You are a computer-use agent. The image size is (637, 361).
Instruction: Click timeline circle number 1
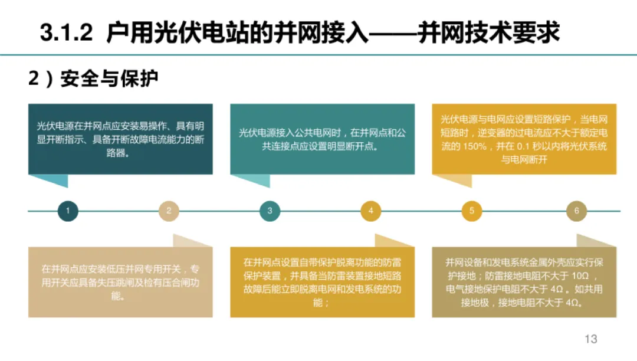pos(68,211)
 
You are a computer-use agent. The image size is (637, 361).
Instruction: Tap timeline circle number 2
pos(169,211)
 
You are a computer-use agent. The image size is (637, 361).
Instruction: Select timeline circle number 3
pos(270,211)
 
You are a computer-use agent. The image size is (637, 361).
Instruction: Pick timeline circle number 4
pos(370,211)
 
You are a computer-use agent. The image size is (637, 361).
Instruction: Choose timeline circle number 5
pos(471,211)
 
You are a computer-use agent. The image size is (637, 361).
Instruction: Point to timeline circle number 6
pos(576,211)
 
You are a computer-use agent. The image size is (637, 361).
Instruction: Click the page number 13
pos(590,339)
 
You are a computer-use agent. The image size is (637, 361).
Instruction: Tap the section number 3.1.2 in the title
pos(67,32)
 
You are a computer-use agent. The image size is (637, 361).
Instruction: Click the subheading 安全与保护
pos(110,78)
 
